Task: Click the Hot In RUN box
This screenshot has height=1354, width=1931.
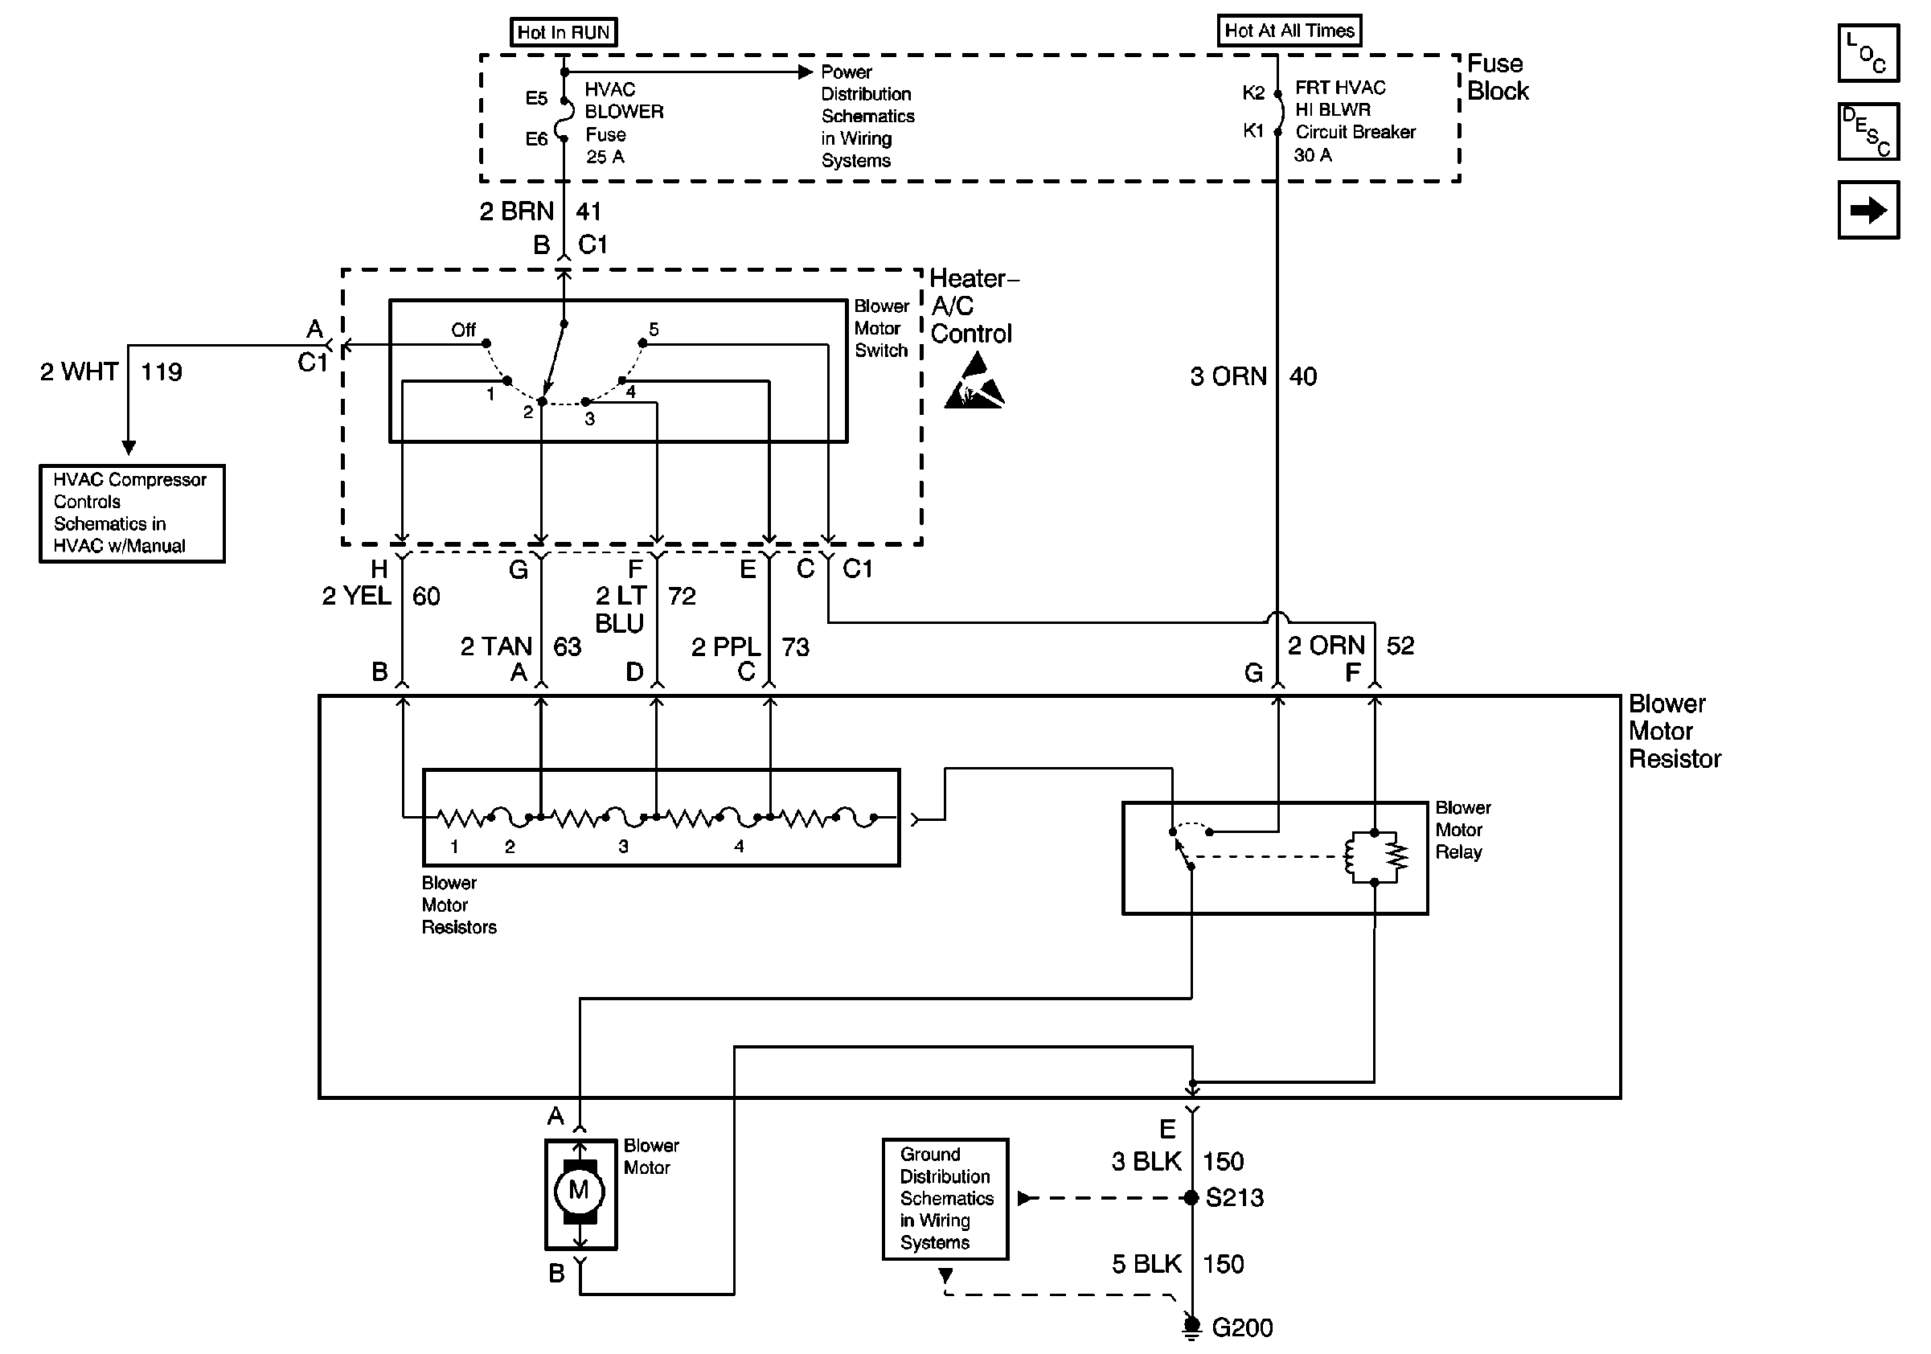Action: [x=563, y=32]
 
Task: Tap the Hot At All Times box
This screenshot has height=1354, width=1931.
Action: [x=1289, y=31]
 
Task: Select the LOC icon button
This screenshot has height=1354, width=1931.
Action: [x=1868, y=54]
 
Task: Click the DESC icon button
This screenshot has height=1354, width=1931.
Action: [x=1868, y=131]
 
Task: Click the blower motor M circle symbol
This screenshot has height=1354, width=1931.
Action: [x=579, y=1190]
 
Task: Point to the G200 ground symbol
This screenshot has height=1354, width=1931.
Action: [x=1191, y=1326]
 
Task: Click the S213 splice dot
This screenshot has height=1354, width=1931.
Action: [x=1191, y=1197]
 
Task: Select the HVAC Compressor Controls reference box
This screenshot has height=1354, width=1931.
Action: [x=132, y=513]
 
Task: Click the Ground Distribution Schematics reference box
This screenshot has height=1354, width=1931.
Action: [x=945, y=1198]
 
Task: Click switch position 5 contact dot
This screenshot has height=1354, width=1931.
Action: [x=642, y=343]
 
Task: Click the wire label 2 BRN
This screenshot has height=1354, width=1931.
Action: [x=516, y=211]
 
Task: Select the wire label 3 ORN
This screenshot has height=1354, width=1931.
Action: [x=1228, y=376]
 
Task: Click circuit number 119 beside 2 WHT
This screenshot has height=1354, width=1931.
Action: [x=161, y=371]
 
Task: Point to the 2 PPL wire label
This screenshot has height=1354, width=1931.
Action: [x=725, y=646]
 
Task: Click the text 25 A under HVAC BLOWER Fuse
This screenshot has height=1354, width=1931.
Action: [x=605, y=157]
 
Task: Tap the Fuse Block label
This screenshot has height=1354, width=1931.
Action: [x=1497, y=77]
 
